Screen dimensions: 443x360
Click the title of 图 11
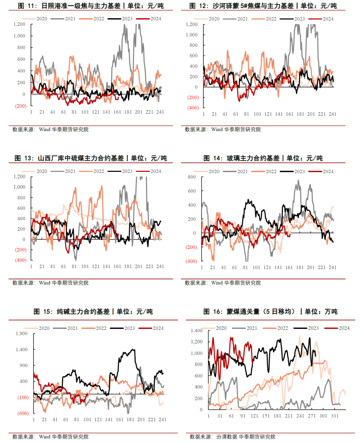coord(91,6)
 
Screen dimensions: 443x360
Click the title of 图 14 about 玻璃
coord(263,158)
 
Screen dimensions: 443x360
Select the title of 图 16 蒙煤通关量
coord(270,312)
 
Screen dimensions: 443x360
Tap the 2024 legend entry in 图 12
coord(328,19)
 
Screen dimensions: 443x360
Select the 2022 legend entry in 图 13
coord(98,171)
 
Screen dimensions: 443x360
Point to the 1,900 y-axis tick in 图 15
coord(22,334)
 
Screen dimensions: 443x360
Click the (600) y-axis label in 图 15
coord(23,413)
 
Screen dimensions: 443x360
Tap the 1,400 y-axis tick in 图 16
coord(196,331)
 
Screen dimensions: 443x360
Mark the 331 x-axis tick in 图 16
coord(335,416)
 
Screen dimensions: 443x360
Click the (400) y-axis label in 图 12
coord(193,108)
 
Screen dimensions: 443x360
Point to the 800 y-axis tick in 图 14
coord(192,177)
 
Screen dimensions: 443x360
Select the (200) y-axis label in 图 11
coord(20,106)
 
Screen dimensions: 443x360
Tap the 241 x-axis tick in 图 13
coord(160,267)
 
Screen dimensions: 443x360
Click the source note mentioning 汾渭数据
coord(232,437)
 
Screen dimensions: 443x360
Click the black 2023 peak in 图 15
coord(133,350)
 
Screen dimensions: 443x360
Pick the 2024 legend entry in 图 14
coord(328,171)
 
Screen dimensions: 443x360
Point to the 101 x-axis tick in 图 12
coord(257,114)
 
